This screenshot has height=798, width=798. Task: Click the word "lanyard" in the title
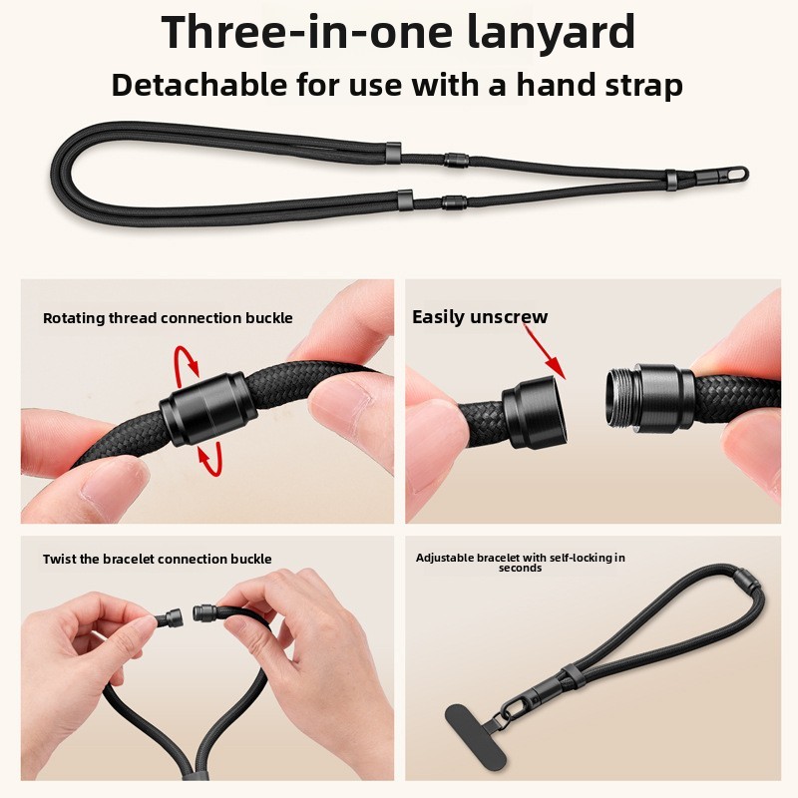(551, 32)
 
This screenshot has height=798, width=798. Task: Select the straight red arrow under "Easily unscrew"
(545, 352)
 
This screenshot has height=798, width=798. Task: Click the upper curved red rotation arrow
(186, 364)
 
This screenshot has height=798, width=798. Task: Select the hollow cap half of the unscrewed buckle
(534, 411)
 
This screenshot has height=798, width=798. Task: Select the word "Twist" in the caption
(60, 559)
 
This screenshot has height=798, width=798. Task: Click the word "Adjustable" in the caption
(444, 558)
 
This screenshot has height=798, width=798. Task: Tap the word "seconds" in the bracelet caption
(520, 568)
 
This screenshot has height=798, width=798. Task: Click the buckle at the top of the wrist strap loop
(746, 580)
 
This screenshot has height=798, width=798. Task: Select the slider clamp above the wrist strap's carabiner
(571, 675)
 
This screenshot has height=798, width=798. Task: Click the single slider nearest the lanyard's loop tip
(671, 178)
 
